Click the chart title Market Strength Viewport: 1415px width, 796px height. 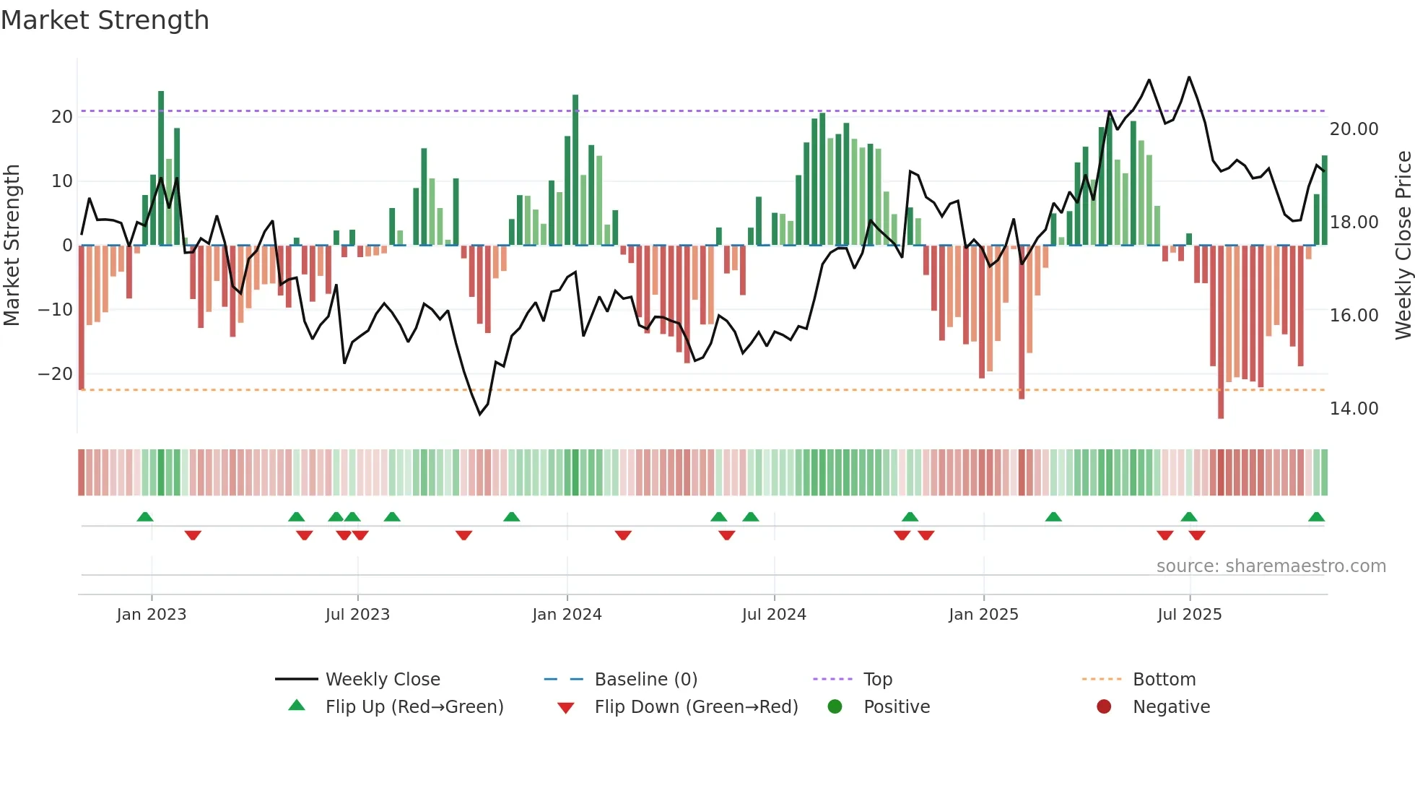(105, 20)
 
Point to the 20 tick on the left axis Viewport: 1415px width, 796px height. (62, 117)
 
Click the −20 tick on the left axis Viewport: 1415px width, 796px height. (56, 374)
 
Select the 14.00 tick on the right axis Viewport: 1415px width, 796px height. (1354, 409)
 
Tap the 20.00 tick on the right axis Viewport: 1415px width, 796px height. (1354, 129)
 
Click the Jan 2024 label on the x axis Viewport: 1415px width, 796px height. (567, 615)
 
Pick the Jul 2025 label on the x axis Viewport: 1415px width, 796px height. (1189, 615)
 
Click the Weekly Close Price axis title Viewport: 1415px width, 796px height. (1403, 246)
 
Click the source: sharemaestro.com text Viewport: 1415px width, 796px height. (1271, 566)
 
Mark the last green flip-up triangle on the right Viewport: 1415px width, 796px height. (1316, 517)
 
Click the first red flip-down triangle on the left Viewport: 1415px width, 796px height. (193, 535)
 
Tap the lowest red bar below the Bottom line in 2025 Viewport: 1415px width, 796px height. (1221, 332)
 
